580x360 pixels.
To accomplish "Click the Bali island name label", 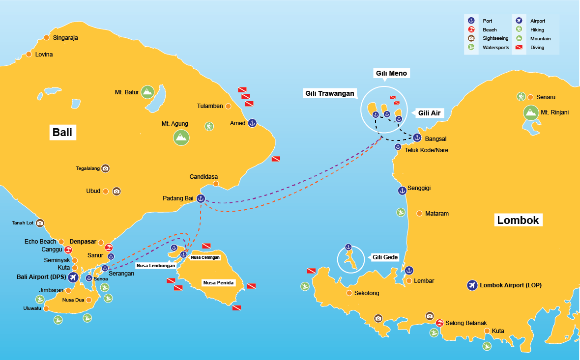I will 62,133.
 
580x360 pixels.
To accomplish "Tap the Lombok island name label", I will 518,221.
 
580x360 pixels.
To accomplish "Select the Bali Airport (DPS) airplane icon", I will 73,277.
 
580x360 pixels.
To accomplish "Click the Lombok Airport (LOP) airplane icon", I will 472,285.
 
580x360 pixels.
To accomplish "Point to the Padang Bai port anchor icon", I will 201,198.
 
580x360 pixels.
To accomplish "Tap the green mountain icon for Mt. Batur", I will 147,92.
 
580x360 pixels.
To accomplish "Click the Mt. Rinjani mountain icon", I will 530,112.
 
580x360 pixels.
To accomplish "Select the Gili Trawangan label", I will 329,94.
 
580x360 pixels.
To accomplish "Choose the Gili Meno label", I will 392,73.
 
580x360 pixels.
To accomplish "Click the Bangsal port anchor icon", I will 417,138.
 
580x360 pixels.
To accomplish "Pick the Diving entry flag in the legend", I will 519,48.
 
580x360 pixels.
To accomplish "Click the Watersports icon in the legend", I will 471,48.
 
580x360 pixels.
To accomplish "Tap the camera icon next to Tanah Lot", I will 40,223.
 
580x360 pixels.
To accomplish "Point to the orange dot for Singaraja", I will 47,37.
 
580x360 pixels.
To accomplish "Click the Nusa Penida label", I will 218,283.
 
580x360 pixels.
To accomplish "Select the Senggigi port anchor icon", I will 402,190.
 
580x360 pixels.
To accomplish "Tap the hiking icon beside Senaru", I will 521,97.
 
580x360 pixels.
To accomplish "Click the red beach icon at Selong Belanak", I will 440,323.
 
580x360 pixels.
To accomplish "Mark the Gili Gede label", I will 384,257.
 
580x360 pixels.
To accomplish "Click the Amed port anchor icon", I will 252,123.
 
